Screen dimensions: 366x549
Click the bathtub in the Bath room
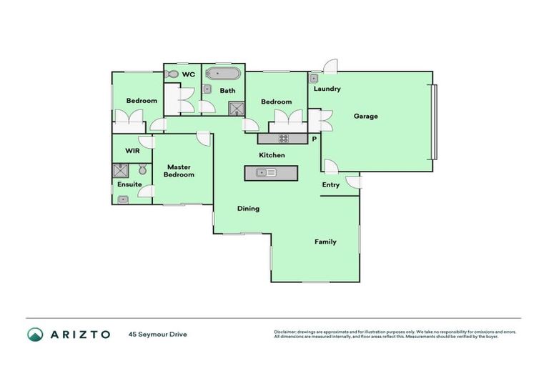pos(219,74)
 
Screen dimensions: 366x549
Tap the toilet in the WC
pos(170,74)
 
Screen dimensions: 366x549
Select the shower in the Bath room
pos(236,108)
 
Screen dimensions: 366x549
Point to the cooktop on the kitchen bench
pos(283,138)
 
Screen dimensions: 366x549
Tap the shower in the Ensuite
pos(119,171)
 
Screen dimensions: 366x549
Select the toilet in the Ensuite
pos(142,169)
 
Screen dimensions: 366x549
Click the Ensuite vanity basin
pos(124,199)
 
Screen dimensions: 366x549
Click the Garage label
pos(365,116)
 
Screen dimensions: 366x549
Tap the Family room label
pos(325,242)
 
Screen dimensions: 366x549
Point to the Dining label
pos(248,209)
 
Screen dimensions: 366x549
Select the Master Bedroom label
pos(179,170)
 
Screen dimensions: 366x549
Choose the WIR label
pos(132,151)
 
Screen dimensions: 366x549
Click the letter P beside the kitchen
pos(313,138)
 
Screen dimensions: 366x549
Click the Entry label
pos(330,184)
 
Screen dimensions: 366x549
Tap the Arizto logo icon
pos(35,334)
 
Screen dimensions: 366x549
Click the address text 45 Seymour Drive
pos(157,334)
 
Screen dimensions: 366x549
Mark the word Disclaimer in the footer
pos(287,332)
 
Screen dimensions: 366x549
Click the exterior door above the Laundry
pos(330,67)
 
